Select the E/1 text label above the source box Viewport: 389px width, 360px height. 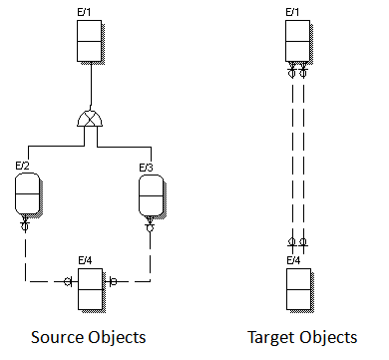(x=87, y=11)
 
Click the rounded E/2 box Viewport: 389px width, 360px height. (x=30, y=194)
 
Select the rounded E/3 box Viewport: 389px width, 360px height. (x=150, y=194)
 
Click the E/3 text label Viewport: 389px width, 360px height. (x=145, y=166)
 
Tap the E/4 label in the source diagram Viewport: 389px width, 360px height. (x=87, y=260)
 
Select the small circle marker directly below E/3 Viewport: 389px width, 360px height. (x=150, y=227)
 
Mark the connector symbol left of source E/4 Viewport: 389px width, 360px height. (x=68, y=282)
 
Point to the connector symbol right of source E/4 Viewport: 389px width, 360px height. (x=113, y=282)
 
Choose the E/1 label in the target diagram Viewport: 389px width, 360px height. (x=293, y=11)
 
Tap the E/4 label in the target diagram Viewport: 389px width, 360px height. (x=293, y=260)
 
